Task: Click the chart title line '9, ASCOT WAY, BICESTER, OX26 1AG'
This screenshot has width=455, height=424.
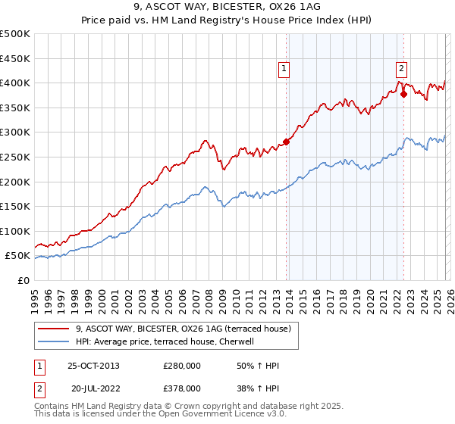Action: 227,7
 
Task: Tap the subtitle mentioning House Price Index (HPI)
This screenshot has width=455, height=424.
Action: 227,20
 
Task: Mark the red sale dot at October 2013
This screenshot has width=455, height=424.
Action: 286,142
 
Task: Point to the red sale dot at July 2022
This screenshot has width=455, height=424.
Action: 403,94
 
